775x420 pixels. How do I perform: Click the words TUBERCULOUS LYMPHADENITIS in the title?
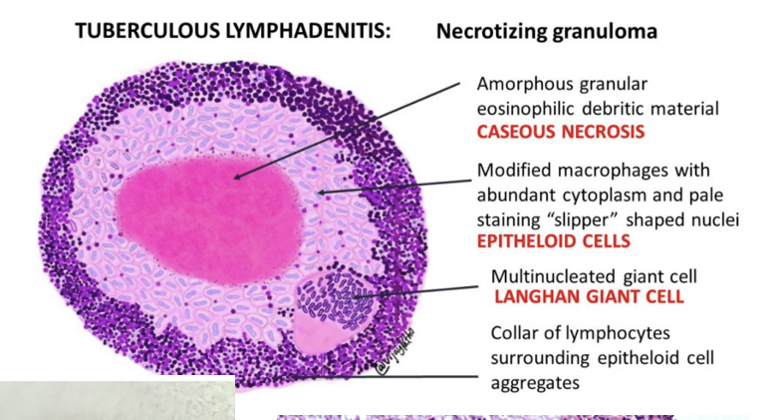click(x=233, y=31)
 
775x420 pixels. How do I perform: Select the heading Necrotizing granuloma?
click(x=546, y=31)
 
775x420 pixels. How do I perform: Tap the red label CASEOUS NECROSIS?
click(x=560, y=132)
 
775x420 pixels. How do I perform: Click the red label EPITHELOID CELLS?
click(x=553, y=240)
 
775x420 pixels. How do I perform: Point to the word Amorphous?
click(x=524, y=84)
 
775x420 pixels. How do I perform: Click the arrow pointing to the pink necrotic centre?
click(x=349, y=129)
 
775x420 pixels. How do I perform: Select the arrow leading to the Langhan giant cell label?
click(x=418, y=290)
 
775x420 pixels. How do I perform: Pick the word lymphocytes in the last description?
click(x=611, y=333)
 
